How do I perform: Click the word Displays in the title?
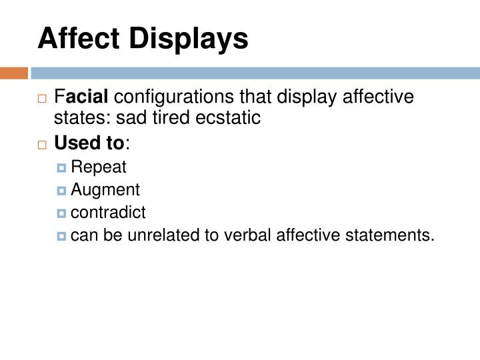point(189,38)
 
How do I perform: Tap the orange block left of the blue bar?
point(14,72)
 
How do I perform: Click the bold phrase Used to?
point(89,143)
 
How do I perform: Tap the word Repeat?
point(98,167)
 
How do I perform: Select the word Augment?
point(105,190)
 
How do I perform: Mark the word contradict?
point(108,212)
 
